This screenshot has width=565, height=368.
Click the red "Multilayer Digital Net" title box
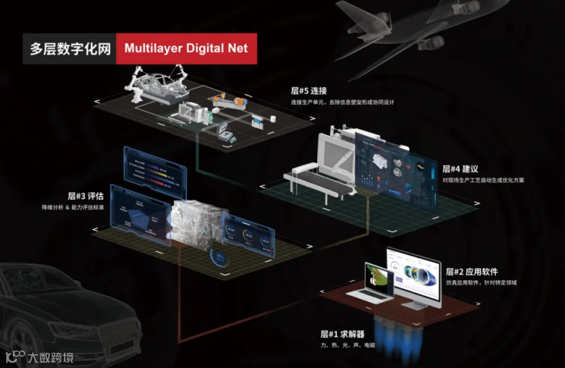click(x=186, y=48)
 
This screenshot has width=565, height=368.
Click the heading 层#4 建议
click(x=461, y=169)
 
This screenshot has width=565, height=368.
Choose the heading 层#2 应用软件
click(x=471, y=272)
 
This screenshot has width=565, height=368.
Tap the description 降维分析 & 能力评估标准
click(x=86, y=207)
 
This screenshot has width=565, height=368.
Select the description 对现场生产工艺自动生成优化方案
click(x=483, y=180)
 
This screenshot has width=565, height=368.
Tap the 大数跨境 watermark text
click(x=50, y=357)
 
